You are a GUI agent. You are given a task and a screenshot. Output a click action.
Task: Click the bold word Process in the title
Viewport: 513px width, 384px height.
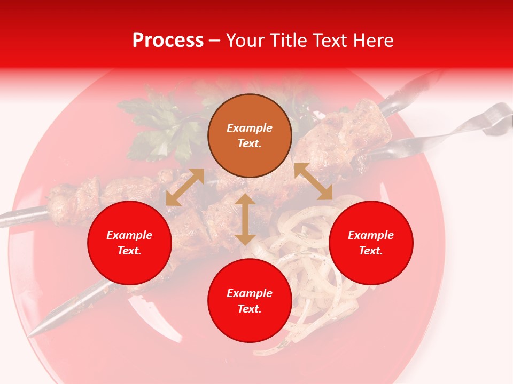click(x=168, y=41)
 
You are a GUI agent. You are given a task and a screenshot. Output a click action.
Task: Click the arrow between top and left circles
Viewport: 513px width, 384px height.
click(x=185, y=187)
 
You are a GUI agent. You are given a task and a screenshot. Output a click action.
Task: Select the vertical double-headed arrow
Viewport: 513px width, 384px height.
click(x=245, y=219)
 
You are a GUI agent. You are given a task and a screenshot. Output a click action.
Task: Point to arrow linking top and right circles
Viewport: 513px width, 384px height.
click(x=314, y=181)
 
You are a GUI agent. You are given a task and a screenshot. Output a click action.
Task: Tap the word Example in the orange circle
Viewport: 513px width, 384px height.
click(x=250, y=128)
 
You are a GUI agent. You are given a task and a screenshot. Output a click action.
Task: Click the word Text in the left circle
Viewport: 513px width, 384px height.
click(x=129, y=251)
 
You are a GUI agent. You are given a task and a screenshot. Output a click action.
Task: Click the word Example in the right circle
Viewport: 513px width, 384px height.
click(x=371, y=235)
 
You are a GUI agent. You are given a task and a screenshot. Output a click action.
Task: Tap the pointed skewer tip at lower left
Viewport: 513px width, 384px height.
click(x=37, y=331)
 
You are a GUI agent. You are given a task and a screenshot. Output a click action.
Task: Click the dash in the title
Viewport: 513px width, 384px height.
click(x=215, y=41)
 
